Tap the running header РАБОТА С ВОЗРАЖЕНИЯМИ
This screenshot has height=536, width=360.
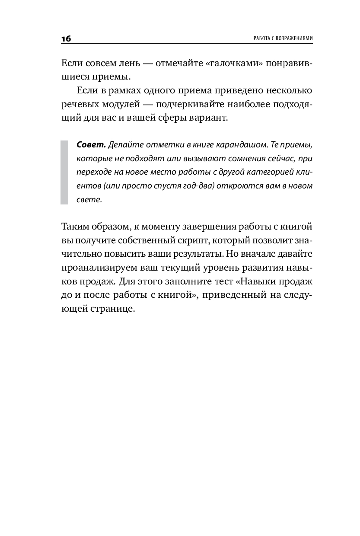coord(277,38)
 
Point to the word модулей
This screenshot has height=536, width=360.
coord(128,104)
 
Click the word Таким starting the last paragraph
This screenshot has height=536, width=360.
coord(76,228)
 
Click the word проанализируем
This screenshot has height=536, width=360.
coord(99,269)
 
